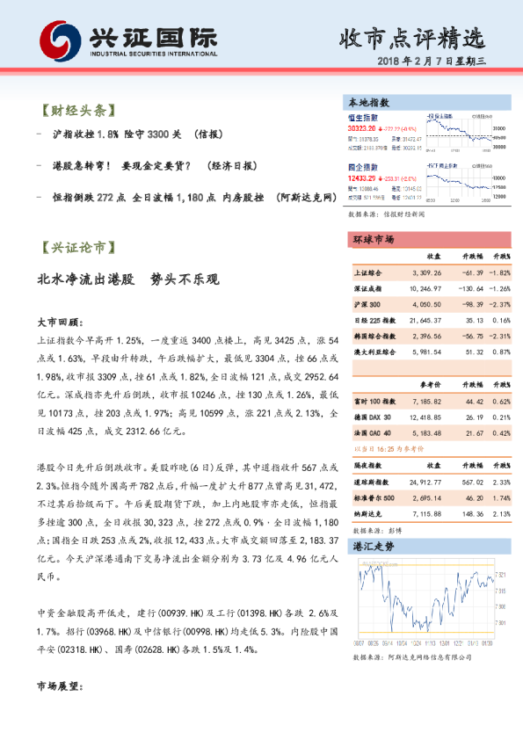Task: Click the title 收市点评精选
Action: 411,38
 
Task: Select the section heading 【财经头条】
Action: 78,112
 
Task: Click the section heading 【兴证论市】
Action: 78,248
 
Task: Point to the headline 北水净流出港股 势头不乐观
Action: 127,280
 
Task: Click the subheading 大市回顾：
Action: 60,321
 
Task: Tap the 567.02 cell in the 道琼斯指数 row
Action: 471,482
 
